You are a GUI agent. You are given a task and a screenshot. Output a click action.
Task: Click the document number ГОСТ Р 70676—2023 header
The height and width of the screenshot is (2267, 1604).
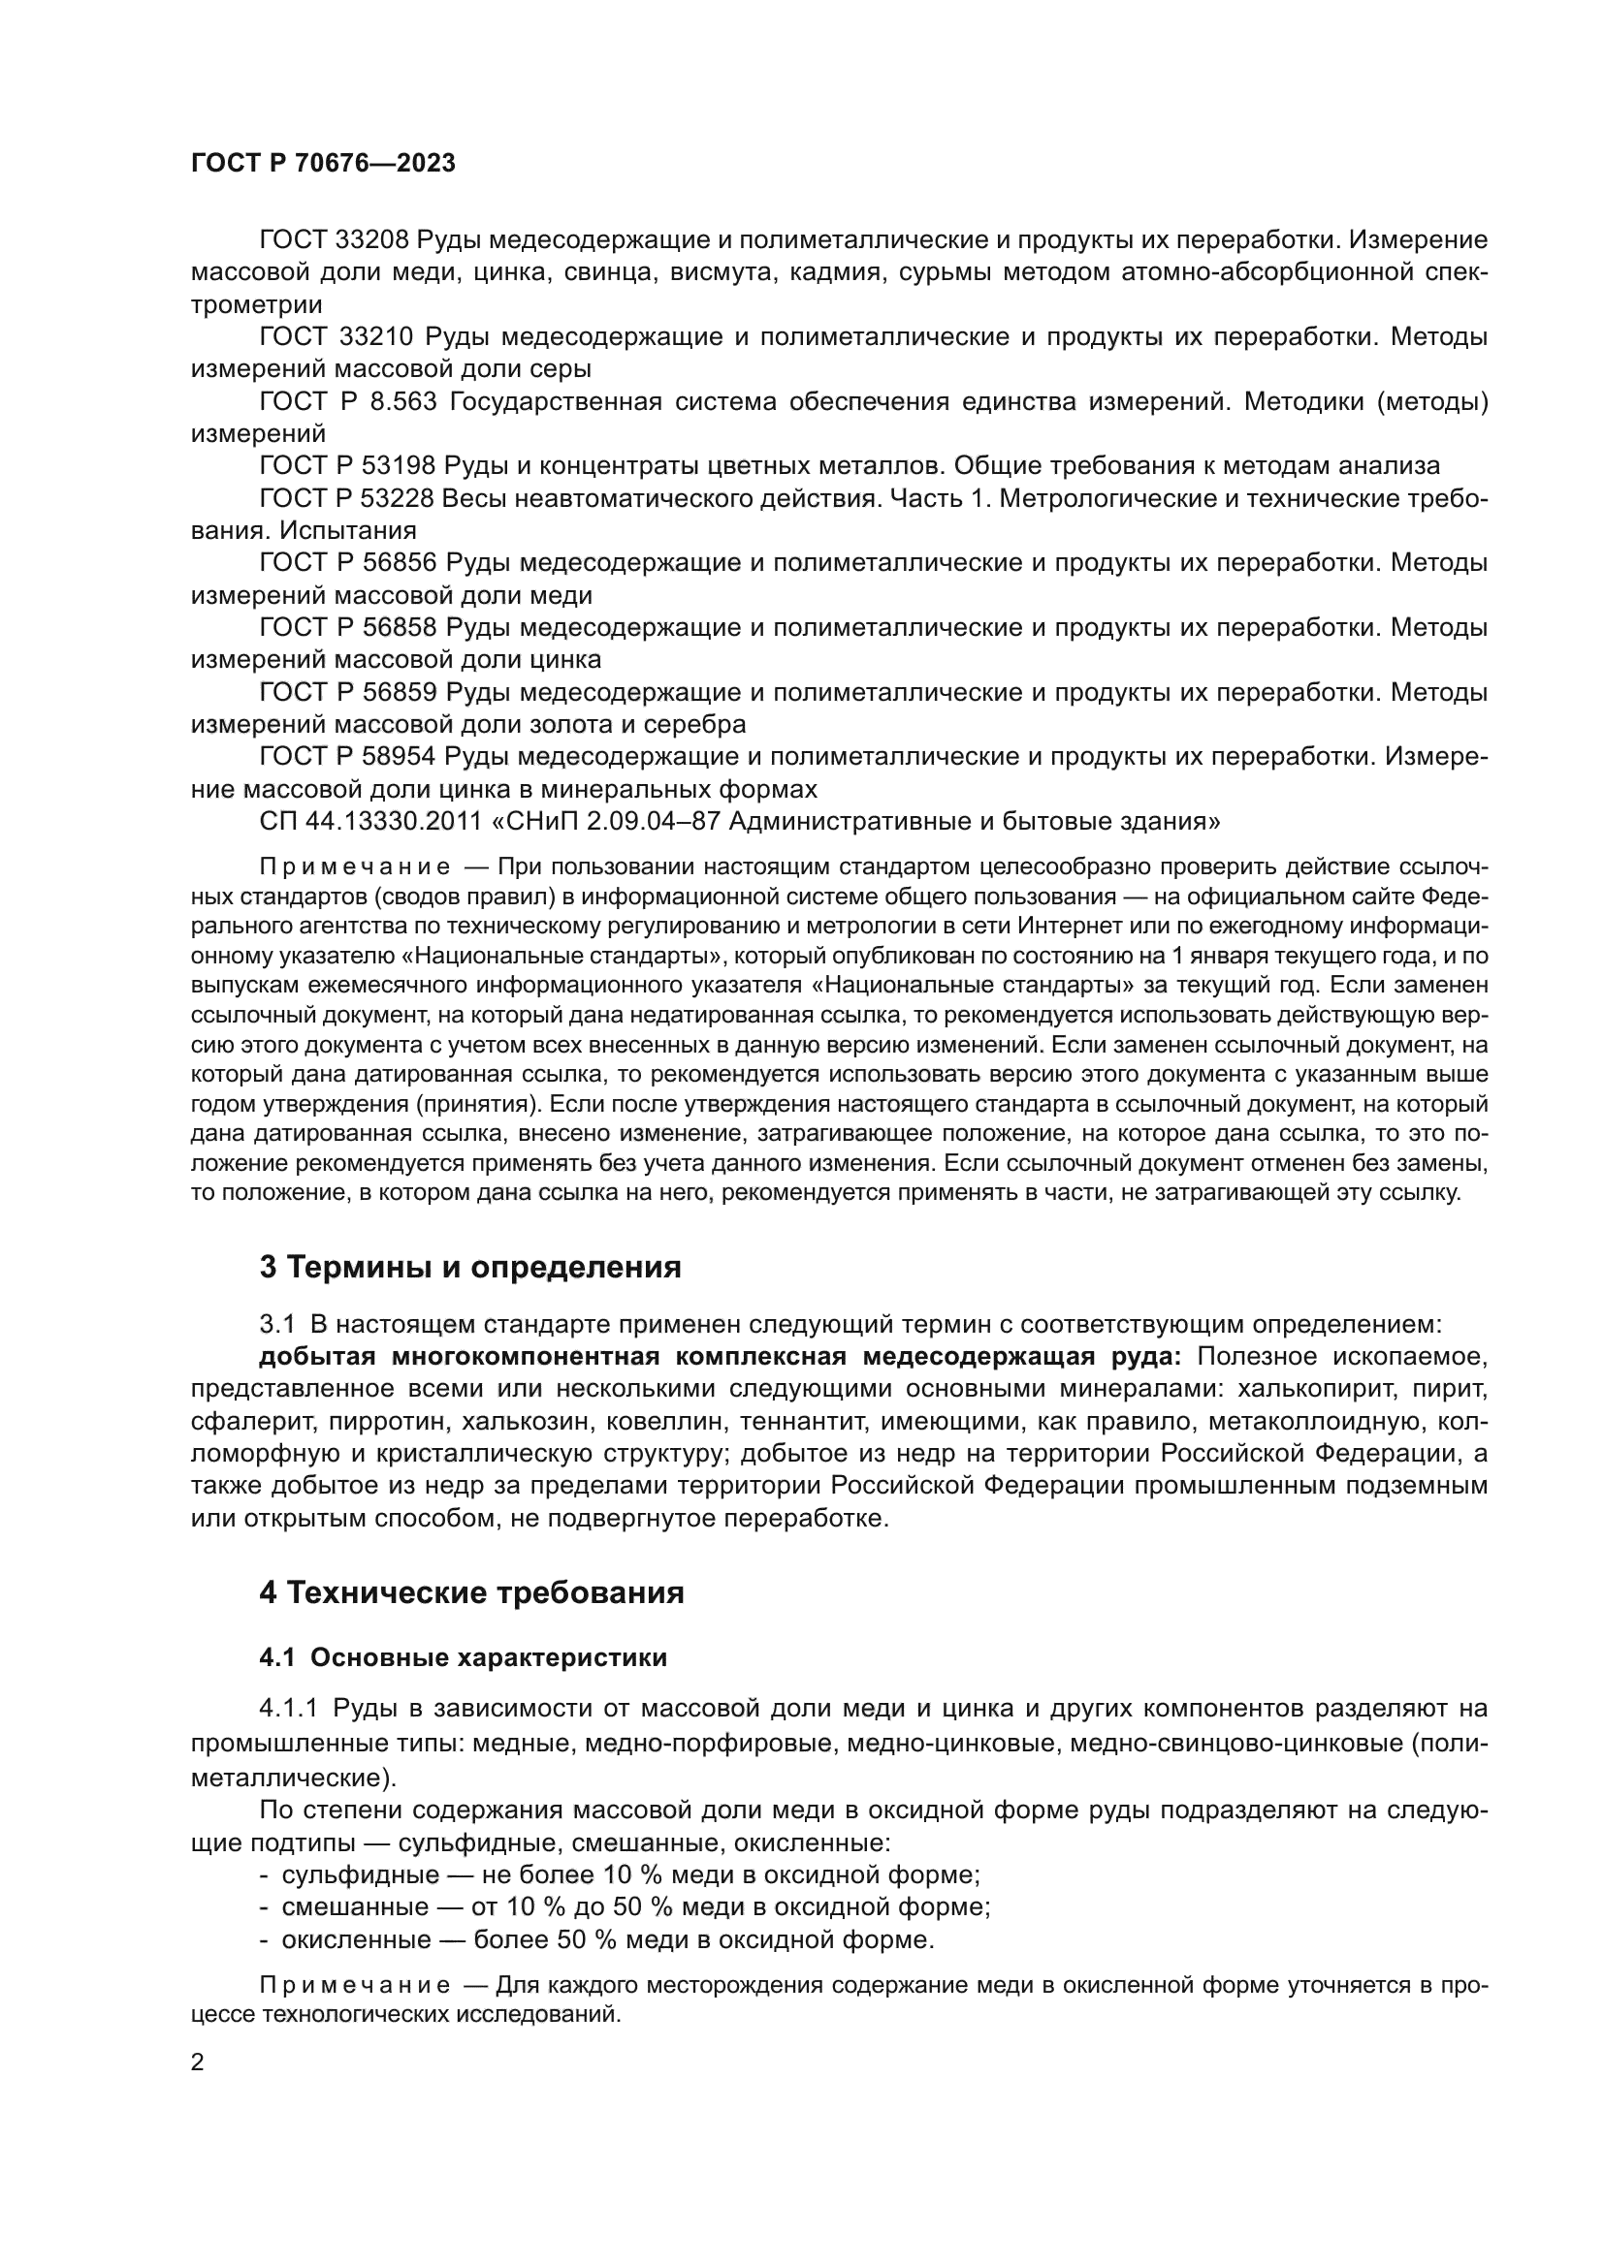coord(323,164)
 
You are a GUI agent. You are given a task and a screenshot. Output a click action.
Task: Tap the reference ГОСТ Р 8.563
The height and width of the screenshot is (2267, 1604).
coord(344,402)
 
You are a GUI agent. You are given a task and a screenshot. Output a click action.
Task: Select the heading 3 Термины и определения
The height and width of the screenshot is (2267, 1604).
coord(470,1268)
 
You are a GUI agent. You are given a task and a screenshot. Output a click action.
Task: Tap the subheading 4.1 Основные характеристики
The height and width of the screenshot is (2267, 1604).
coord(464,1657)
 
